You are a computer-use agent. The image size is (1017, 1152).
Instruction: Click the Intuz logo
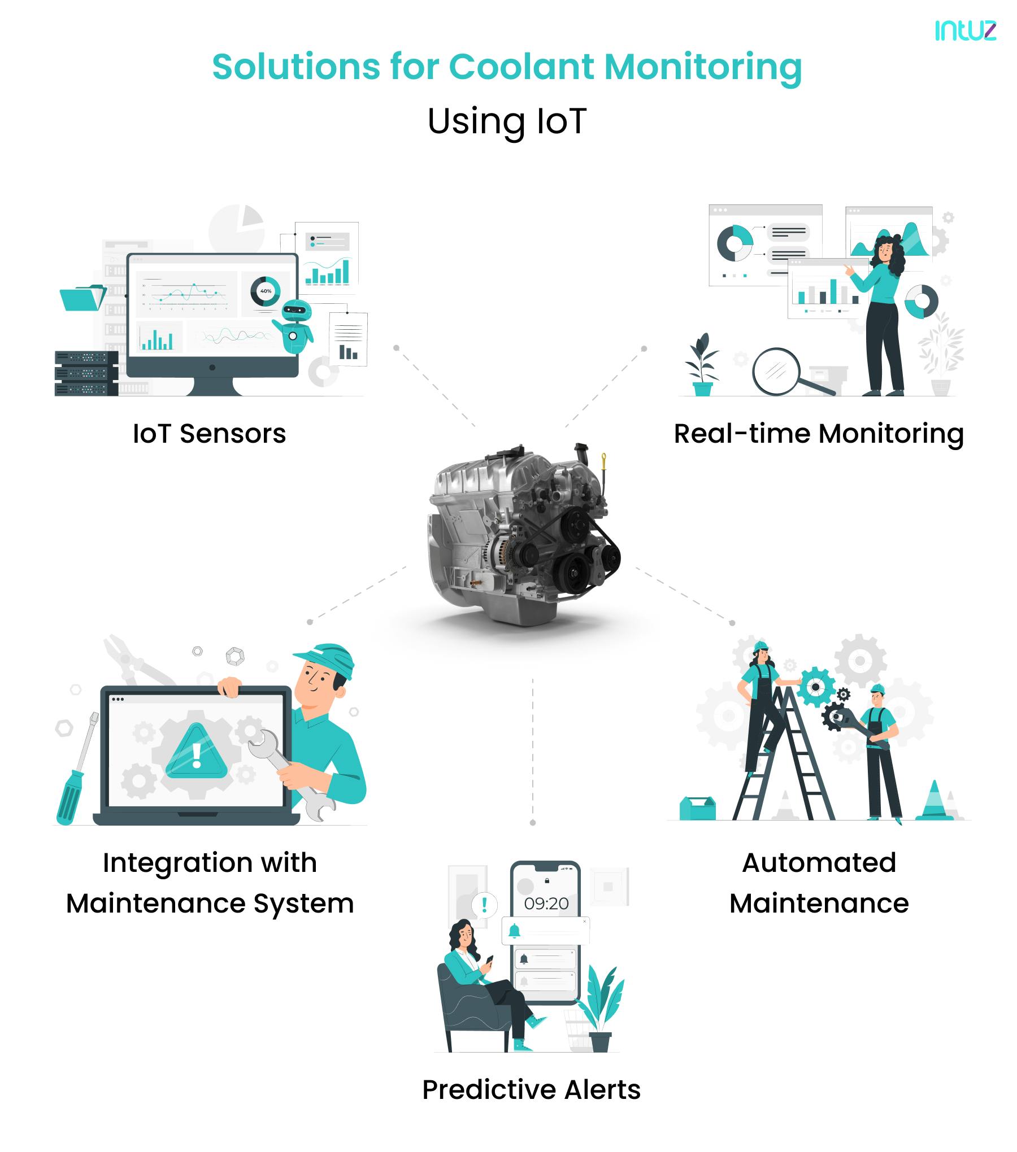pyautogui.click(x=965, y=30)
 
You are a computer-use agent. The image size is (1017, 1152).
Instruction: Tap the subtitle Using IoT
pyautogui.click(x=507, y=121)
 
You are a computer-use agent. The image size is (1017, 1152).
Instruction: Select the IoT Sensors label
pyautogui.click(x=209, y=434)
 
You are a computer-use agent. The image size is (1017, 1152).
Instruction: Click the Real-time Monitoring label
pyautogui.click(x=818, y=434)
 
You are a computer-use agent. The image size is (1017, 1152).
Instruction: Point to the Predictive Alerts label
pyautogui.click(x=531, y=1089)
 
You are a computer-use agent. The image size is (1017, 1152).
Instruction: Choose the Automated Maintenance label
pyautogui.click(x=819, y=883)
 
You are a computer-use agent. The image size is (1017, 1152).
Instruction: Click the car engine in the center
pyautogui.click(x=523, y=536)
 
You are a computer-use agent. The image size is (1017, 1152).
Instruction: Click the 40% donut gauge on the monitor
pyautogui.click(x=266, y=291)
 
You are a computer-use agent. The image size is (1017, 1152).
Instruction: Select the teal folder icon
pyautogui.click(x=82, y=298)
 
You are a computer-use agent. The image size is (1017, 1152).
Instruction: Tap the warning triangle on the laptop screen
pyautogui.click(x=196, y=752)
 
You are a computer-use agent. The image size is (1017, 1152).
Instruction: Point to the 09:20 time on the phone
pyautogui.click(x=546, y=904)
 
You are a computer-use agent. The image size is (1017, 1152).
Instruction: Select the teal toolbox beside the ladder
pyautogui.click(x=697, y=808)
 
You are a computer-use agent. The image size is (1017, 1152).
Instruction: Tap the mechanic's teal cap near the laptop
pyautogui.click(x=325, y=658)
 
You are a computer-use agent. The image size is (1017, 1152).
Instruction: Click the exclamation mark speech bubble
pyautogui.click(x=484, y=906)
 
